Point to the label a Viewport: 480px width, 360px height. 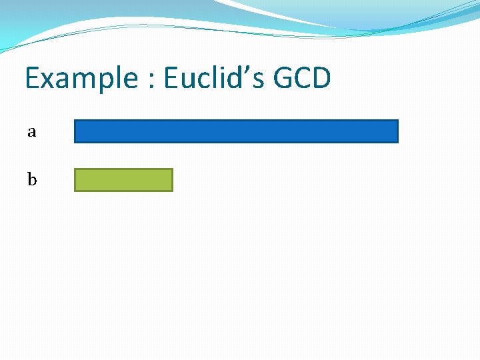coord(31,132)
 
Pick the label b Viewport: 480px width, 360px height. coord(31,179)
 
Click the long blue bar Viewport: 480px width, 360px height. coord(236,131)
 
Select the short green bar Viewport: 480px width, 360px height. coord(123,180)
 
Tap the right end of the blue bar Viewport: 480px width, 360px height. coord(396,131)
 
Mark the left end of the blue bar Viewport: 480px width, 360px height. coord(76,131)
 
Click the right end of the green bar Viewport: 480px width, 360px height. coord(171,180)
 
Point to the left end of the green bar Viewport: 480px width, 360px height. coord(76,180)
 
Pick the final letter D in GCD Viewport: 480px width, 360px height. coord(321,79)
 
